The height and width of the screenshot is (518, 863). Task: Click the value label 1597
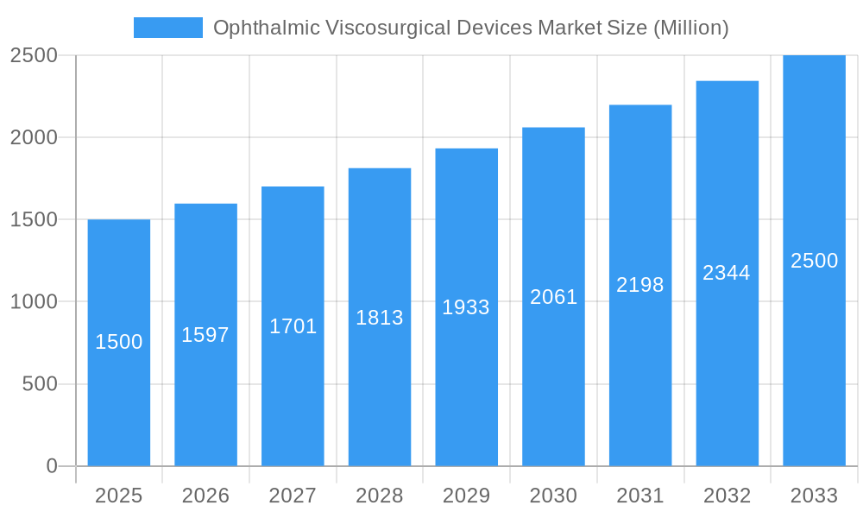tap(205, 335)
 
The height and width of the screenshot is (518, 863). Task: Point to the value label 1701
tap(293, 326)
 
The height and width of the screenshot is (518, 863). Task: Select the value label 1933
tap(466, 307)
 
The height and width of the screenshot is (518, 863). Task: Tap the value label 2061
tap(553, 297)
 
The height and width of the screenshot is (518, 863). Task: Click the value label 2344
tap(727, 273)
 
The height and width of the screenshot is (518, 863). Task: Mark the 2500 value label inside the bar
tap(814, 261)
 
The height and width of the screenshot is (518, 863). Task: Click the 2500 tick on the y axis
tap(34, 55)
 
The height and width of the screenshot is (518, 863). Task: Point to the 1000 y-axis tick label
tap(34, 302)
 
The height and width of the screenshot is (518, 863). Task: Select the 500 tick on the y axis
tap(40, 384)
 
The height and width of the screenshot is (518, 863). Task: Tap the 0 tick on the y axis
tap(51, 466)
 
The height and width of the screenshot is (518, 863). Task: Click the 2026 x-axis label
tap(205, 496)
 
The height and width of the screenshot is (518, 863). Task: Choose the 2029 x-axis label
tap(466, 496)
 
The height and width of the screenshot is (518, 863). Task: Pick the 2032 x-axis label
tap(727, 496)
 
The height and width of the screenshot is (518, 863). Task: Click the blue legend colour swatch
tap(168, 28)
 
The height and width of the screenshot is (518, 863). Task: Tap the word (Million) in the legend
tap(690, 28)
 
